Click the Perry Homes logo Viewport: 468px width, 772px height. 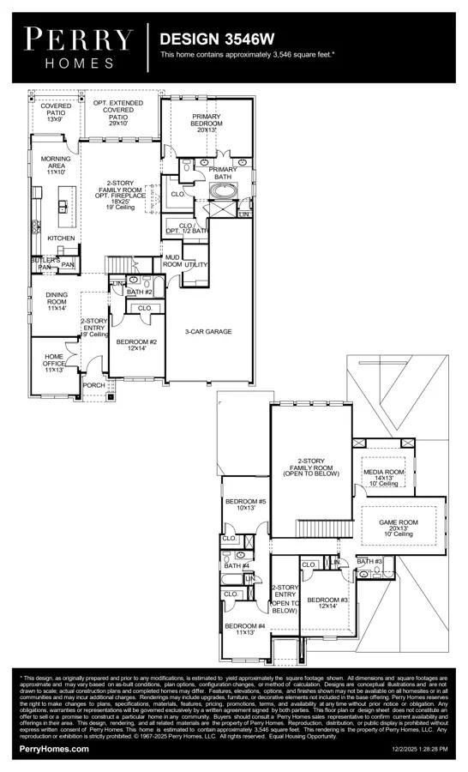coord(79,47)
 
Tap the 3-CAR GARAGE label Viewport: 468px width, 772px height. coord(208,331)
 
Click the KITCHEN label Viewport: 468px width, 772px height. coord(61,238)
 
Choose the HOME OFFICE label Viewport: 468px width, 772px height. coord(54,362)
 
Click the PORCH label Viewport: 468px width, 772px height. coord(93,385)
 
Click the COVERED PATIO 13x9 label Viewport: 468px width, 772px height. coord(56,112)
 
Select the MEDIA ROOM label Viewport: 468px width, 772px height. coord(383,477)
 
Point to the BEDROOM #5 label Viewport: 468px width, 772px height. coord(245,504)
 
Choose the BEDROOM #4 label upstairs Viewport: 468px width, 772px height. coord(245,630)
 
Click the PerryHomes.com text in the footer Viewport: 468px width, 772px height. coord(54,749)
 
